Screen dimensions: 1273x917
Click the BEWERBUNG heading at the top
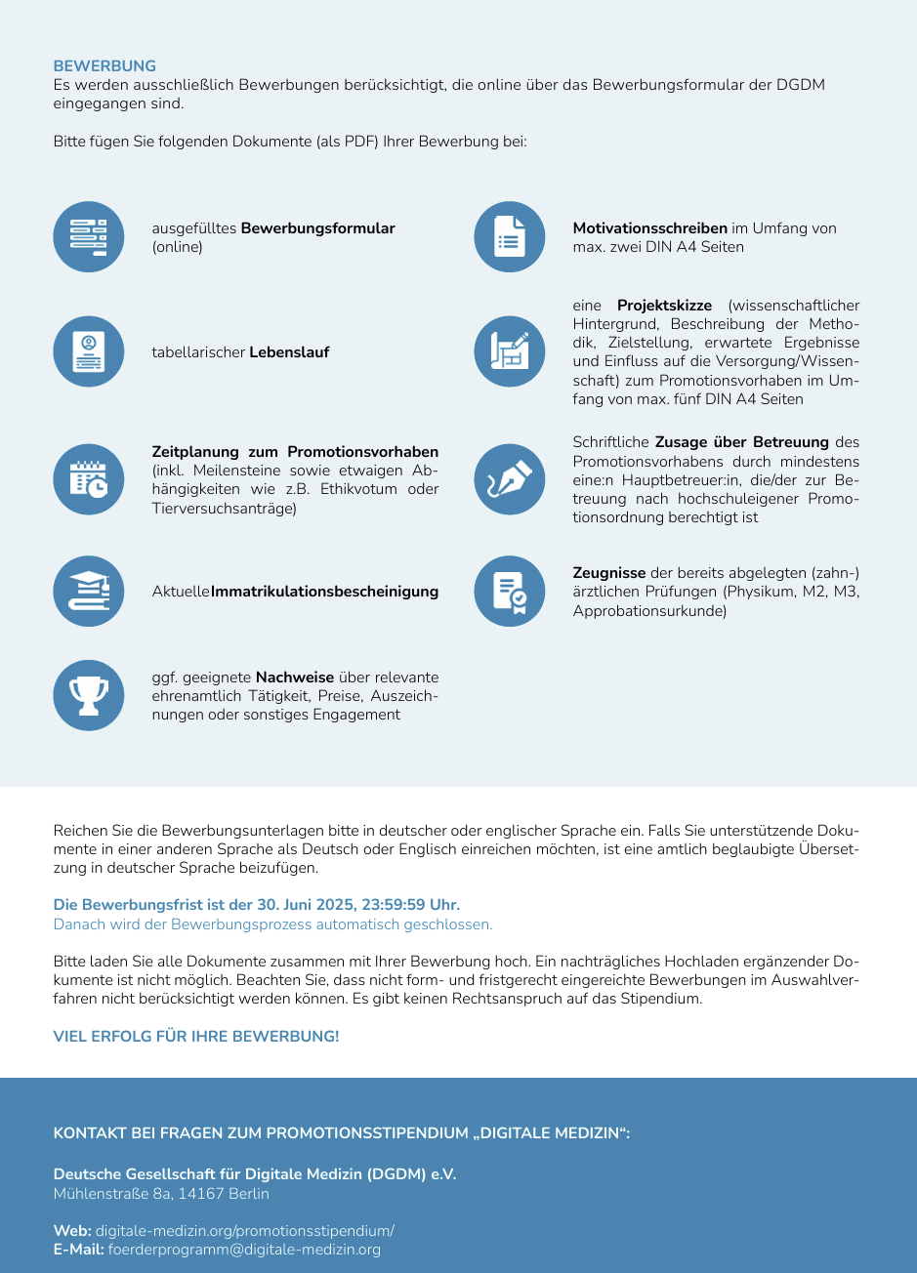tap(104, 66)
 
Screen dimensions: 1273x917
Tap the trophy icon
tap(89, 695)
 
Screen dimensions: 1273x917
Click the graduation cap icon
tap(89, 591)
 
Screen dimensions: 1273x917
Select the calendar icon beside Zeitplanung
tap(89, 479)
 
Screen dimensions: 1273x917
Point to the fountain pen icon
tap(510, 479)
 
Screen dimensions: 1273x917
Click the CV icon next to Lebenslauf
tap(89, 351)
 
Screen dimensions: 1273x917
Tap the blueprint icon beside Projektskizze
tap(510, 351)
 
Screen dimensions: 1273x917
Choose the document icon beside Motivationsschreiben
tap(510, 237)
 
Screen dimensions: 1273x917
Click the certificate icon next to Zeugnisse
tap(510, 591)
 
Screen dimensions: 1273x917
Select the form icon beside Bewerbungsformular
tap(89, 237)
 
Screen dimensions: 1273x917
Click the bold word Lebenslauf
tap(289, 352)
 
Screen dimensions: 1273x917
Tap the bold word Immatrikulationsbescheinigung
tap(324, 592)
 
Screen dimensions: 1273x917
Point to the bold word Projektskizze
tap(664, 307)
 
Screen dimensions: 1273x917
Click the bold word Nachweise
tap(295, 678)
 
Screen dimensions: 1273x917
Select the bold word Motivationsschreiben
tap(649, 228)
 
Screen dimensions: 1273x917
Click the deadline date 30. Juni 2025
tap(312, 905)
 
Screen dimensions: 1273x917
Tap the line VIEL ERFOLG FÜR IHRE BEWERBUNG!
tap(196, 1037)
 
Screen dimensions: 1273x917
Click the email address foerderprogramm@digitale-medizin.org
tap(244, 1250)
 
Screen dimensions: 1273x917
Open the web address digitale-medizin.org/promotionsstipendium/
tap(244, 1231)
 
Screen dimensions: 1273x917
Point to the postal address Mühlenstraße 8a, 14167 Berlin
tap(161, 1194)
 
